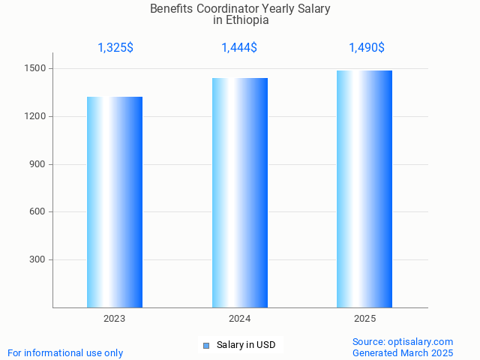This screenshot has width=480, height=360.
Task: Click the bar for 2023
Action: coord(115,202)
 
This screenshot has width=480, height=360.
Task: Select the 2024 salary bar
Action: coord(240,193)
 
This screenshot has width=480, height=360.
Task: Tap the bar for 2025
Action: coord(364,189)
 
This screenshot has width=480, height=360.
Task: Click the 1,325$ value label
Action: coord(115,48)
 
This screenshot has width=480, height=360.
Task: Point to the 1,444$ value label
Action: coord(239,48)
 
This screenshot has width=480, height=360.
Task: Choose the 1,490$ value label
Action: coord(367,48)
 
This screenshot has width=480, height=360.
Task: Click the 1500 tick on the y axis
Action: coord(35,69)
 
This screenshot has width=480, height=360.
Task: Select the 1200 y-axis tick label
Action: coord(35,117)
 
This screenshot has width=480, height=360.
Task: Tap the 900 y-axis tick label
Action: coord(38,164)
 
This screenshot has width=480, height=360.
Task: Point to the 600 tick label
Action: coord(38,212)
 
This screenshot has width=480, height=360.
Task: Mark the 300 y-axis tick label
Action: coord(38,260)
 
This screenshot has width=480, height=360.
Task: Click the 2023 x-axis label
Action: coord(115,319)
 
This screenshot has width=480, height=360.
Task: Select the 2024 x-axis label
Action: coord(240,319)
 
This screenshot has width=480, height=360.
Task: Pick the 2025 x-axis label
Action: coord(365,319)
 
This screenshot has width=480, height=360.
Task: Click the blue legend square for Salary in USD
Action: coord(205,346)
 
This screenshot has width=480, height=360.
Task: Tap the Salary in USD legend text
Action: coord(246,345)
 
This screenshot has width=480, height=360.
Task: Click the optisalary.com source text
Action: coord(421,341)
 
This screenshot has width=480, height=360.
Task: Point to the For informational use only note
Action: coord(65,352)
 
